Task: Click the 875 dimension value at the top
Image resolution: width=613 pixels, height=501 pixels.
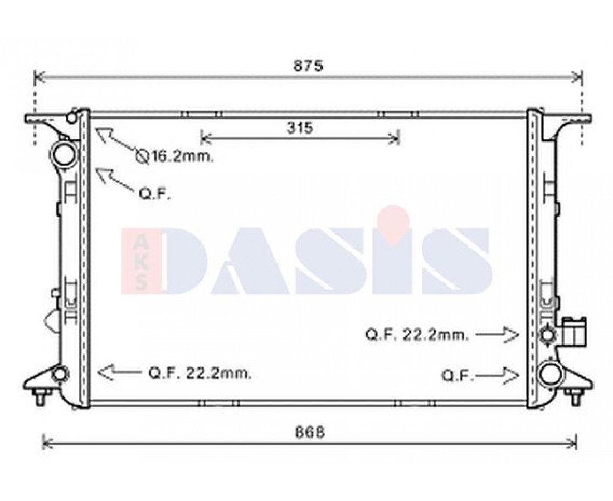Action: (x=308, y=66)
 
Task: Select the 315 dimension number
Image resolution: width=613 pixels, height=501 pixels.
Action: (x=300, y=127)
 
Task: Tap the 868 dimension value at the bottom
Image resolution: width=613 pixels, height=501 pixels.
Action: (x=309, y=432)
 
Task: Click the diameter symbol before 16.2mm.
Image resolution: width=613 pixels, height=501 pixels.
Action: (x=142, y=156)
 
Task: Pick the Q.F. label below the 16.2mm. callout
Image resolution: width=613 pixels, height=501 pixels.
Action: (x=155, y=194)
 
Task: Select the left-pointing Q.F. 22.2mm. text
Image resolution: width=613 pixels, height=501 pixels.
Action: (x=200, y=373)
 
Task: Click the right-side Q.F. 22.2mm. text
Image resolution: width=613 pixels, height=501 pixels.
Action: (x=417, y=335)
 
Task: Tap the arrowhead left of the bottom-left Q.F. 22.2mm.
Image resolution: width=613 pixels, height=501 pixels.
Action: (x=105, y=372)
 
